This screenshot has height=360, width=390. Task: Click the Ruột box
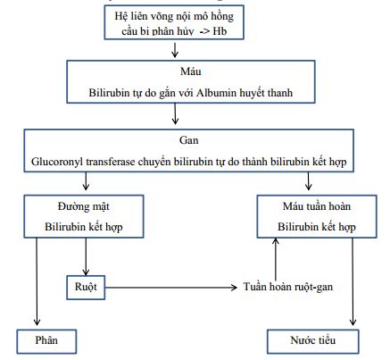[86, 288]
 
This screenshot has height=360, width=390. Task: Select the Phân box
[46, 341]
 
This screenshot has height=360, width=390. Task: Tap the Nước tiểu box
[313, 341]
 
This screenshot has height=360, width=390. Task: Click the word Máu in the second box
[191, 71]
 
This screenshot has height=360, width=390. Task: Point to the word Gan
[189, 140]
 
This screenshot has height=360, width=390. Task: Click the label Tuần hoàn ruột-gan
[288, 287]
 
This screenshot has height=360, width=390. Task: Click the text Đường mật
[84, 206]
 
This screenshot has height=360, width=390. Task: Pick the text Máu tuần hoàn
[317, 206]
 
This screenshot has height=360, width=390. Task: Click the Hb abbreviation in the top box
[220, 31]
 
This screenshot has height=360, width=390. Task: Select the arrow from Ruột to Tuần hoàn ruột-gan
[171, 288]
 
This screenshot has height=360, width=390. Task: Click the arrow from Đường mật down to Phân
[37, 281]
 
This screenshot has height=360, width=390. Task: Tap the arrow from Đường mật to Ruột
[86, 256]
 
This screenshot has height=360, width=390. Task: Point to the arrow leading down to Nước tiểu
[353, 281]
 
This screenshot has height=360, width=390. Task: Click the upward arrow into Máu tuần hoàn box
[276, 259]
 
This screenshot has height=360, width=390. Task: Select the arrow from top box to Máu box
[175, 50]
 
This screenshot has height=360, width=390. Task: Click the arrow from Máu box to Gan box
[175, 113]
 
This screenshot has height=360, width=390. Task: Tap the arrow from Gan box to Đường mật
[86, 181]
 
